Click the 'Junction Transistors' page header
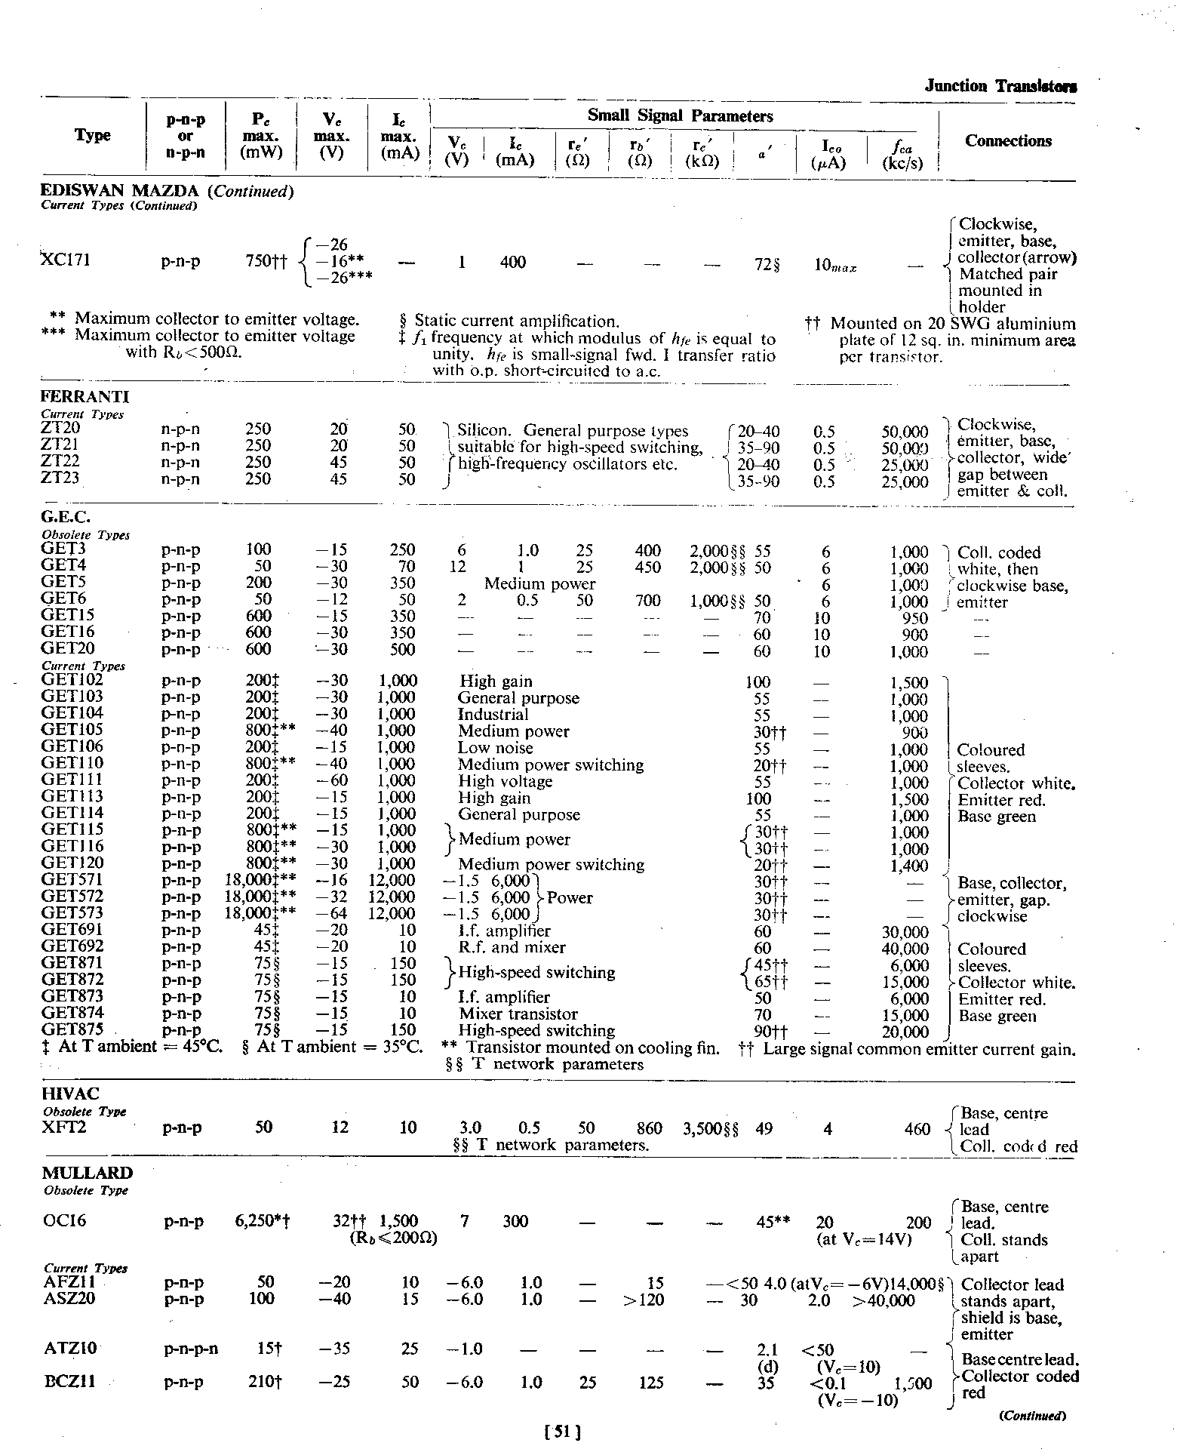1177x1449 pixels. (x=1000, y=86)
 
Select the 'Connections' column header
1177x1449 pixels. (x=1008, y=141)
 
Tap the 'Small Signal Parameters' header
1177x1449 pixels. (x=680, y=116)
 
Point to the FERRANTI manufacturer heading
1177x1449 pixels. (x=85, y=397)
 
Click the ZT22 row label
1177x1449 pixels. (x=60, y=461)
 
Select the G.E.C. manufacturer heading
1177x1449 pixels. (x=66, y=517)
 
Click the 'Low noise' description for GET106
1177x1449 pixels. (x=495, y=748)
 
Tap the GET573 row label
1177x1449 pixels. (x=72, y=913)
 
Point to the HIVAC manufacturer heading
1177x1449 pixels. (x=71, y=1094)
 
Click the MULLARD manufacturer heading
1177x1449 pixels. (x=88, y=1173)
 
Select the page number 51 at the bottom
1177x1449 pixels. (x=562, y=1430)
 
